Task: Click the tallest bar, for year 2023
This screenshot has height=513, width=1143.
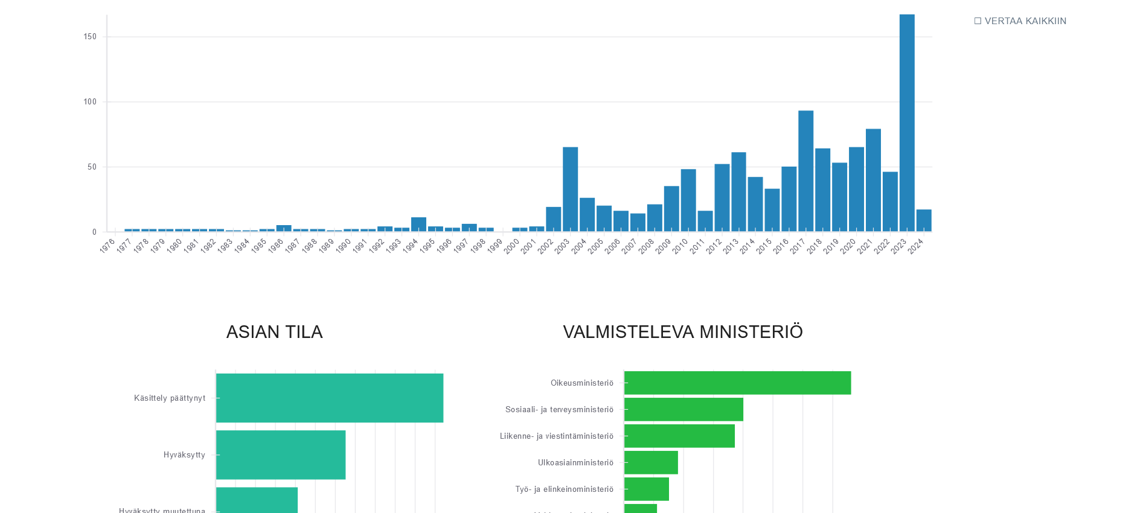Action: pos(906,123)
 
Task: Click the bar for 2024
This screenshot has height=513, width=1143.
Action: pos(923,220)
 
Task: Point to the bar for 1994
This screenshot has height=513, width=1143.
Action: pos(418,224)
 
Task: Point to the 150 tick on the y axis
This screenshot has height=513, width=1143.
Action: pos(90,37)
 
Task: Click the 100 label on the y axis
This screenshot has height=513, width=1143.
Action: pos(90,102)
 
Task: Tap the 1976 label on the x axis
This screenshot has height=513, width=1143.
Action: pos(107,246)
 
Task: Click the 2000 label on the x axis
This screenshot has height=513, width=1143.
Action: pos(511,246)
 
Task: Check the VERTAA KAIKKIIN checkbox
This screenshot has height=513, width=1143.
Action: pos(978,21)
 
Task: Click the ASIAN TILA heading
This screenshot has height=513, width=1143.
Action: pos(274,332)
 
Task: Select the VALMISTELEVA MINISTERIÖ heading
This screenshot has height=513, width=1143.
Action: pos(682,332)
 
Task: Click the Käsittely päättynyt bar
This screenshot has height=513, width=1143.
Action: pos(329,398)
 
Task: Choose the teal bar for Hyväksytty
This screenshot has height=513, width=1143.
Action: pos(280,454)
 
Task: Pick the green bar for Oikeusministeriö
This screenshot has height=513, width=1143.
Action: pos(737,383)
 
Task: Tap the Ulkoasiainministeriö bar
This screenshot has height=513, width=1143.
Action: pos(650,462)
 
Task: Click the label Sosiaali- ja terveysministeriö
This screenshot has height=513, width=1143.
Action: pos(559,410)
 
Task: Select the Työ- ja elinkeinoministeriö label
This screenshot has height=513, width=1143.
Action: pos(564,489)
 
